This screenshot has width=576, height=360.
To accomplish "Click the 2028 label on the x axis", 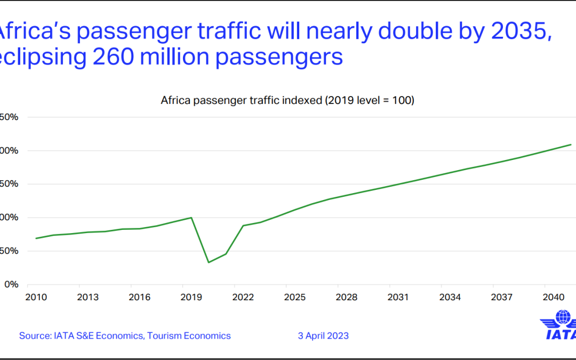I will [346, 297].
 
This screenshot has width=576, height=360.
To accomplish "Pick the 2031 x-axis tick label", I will [398, 297].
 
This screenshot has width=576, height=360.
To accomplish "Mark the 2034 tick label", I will [450, 297].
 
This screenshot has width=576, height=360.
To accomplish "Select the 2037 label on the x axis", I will [502, 297].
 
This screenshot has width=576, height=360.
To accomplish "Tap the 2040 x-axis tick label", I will [554, 297].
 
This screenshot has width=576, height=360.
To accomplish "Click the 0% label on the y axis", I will [11, 284].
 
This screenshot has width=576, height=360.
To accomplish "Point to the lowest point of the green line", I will [209, 262].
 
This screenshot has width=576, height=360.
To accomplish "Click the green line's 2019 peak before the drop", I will [191, 218].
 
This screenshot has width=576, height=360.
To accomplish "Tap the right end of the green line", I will [571, 145].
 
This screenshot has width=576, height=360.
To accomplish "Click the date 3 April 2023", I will [323, 335].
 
